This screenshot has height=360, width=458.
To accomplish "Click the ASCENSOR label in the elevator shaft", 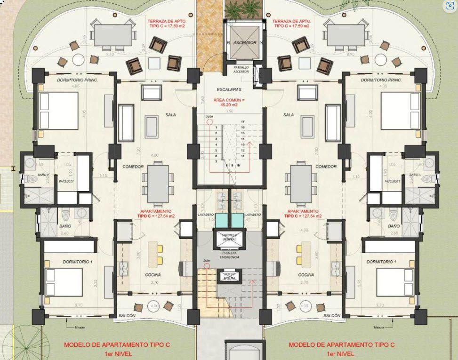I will (245, 42).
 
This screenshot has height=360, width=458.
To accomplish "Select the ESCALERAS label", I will (229, 89).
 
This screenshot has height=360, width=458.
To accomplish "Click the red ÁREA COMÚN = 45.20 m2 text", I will (229, 103).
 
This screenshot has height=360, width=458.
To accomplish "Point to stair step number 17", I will (242, 122).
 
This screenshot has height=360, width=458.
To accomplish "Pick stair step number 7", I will (216, 161).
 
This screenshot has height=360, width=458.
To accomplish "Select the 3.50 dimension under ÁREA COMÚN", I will (229, 112).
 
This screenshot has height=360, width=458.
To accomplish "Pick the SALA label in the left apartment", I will (170, 114).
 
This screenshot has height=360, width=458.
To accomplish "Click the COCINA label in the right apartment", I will (306, 275).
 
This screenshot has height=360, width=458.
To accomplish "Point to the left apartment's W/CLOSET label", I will (64, 181).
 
